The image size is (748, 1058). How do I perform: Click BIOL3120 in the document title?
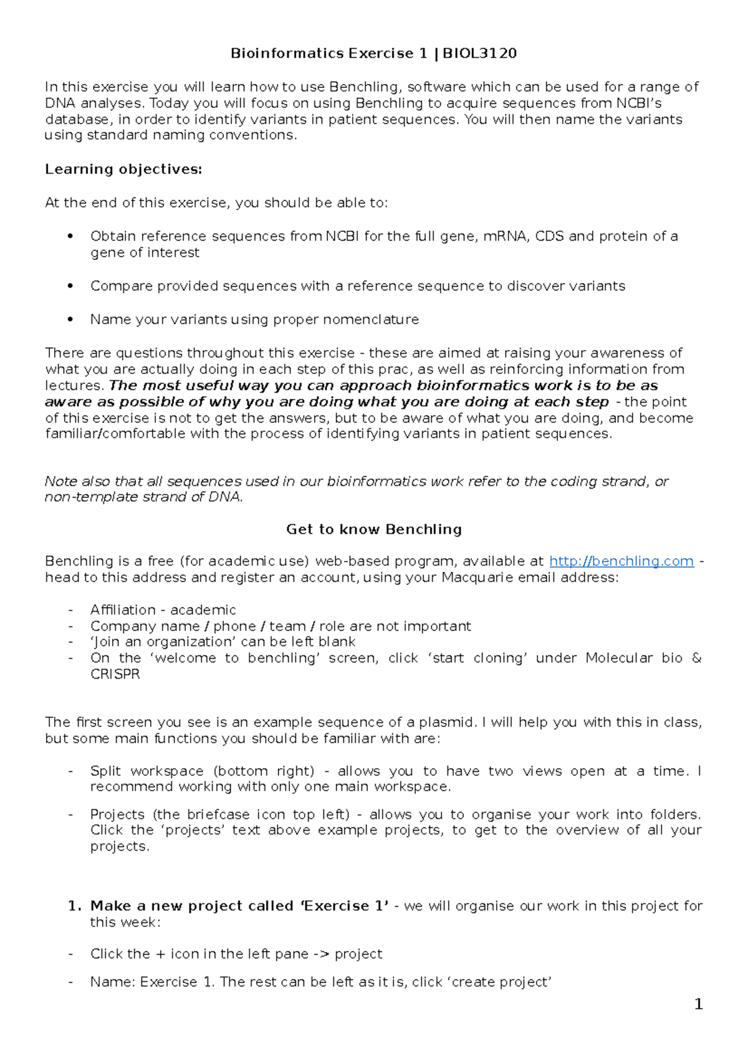(x=479, y=54)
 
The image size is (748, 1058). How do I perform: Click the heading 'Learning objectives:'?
(x=123, y=169)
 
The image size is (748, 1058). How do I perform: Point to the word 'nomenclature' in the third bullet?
(x=379, y=320)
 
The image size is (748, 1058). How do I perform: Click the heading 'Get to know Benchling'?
(x=374, y=530)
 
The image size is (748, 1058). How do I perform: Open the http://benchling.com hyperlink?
(x=621, y=561)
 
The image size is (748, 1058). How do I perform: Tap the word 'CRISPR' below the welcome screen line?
(x=115, y=674)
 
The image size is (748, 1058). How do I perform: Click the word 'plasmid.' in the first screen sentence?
(x=448, y=723)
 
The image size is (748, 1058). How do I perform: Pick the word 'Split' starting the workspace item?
(x=103, y=771)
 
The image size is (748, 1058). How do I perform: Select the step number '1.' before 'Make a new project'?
(x=75, y=906)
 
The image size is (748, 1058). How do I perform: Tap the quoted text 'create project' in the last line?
(x=500, y=983)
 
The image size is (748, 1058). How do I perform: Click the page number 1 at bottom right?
(x=698, y=1004)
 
